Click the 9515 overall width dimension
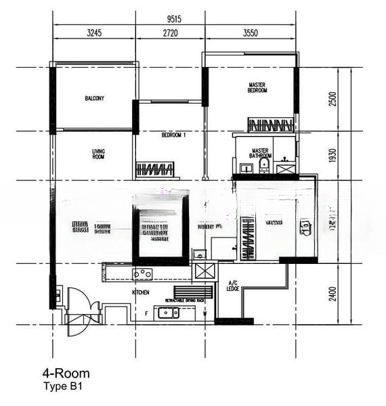[x=174, y=20]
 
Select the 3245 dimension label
[x=94, y=32]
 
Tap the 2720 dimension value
[x=170, y=32]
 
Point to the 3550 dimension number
[x=251, y=32]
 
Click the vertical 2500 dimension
[x=332, y=99]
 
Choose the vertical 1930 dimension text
[x=332, y=156]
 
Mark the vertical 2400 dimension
[x=332, y=294]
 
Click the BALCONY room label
[x=94, y=99]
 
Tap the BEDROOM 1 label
[x=174, y=135]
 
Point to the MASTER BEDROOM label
[x=257, y=87]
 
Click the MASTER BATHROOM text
[x=261, y=153]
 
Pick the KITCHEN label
[x=141, y=292]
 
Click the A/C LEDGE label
[x=233, y=286]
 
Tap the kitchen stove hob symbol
[x=142, y=274]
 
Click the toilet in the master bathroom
[x=263, y=166]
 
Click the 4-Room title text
[x=66, y=373]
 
